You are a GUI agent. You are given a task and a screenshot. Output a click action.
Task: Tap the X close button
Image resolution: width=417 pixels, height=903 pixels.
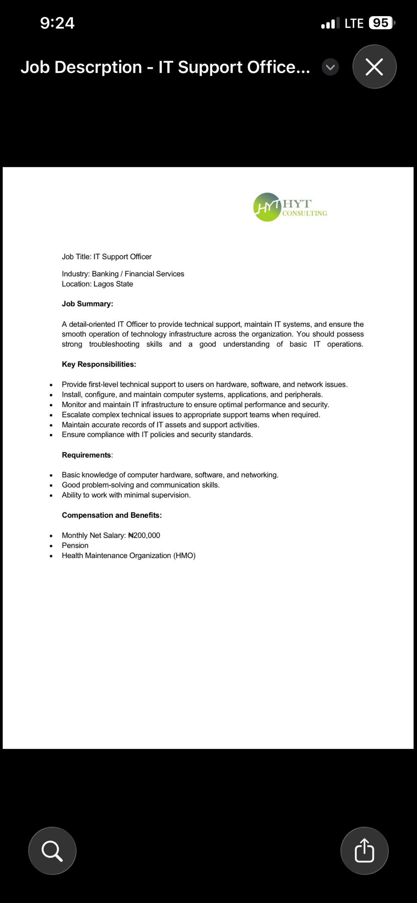click(x=374, y=67)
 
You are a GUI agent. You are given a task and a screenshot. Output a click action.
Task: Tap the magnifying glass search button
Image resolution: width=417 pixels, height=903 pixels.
click(x=52, y=850)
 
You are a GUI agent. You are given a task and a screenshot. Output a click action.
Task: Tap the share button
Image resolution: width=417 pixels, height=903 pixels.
click(x=364, y=850)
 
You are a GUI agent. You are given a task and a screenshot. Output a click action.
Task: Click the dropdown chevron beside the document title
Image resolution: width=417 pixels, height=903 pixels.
click(x=330, y=67)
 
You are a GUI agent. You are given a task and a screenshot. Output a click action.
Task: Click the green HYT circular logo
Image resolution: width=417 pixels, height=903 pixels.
click(x=267, y=207)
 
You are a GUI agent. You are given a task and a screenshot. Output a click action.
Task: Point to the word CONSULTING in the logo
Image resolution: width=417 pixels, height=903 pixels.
click(x=304, y=213)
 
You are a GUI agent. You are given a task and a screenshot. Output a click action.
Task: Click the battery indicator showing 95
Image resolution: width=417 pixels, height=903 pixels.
click(x=381, y=23)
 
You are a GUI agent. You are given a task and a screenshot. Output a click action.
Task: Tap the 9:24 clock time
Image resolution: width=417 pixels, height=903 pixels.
click(x=57, y=23)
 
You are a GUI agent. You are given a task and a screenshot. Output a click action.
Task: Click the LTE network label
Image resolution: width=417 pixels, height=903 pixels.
click(x=354, y=23)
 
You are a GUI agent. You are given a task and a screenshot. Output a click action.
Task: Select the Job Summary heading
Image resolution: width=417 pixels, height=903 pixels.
click(x=87, y=304)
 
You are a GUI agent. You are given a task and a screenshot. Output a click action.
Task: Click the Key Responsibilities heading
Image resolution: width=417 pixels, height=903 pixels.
click(x=99, y=364)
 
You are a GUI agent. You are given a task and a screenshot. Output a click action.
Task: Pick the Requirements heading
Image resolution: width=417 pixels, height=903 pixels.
click(x=87, y=455)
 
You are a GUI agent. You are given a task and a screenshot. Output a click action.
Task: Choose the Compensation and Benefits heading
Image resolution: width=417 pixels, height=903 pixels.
click(x=112, y=515)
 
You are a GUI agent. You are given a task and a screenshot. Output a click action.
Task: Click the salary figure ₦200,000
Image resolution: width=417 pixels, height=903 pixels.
click(x=144, y=535)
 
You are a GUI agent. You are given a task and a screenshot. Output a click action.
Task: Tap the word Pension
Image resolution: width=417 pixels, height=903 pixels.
click(x=75, y=545)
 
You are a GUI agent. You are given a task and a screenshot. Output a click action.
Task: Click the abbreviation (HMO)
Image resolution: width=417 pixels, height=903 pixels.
click(x=184, y=556)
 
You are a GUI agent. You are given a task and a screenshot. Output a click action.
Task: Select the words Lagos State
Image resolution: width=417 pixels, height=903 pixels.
click(x=113, y=284)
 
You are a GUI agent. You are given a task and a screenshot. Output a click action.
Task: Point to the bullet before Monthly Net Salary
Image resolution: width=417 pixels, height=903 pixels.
click(x=51, y=536)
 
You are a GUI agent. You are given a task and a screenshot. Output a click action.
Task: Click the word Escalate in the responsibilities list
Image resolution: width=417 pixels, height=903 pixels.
click(x=76, y=414)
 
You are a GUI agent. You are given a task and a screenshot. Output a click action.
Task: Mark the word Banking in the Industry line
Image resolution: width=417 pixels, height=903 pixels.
click(x=105, y=274)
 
